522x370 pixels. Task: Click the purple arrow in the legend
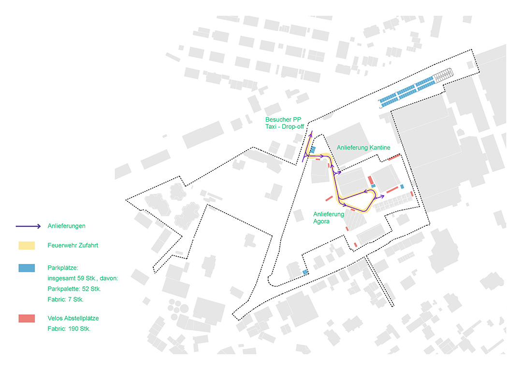29,226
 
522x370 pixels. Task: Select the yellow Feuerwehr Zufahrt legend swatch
27,246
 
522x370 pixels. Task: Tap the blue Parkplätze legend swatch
27,268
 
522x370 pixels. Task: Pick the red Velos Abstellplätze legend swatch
27,318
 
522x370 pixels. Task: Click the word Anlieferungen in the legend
66,226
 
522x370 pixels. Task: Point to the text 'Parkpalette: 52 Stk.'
74,289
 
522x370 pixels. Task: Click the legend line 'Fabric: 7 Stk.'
65,299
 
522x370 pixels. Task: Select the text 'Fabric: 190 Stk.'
69,329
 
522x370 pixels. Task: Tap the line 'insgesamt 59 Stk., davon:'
83,278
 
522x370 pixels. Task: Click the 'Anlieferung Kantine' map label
363,147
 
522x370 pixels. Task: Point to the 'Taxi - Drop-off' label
285,126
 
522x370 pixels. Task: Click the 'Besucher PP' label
283,120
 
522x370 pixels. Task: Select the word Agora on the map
321,221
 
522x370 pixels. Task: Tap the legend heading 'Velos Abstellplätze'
73,318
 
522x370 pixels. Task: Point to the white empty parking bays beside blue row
443,74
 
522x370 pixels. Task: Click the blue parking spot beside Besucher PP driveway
313,150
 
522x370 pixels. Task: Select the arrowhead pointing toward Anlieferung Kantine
339,172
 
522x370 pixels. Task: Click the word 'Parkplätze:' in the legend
62,268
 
